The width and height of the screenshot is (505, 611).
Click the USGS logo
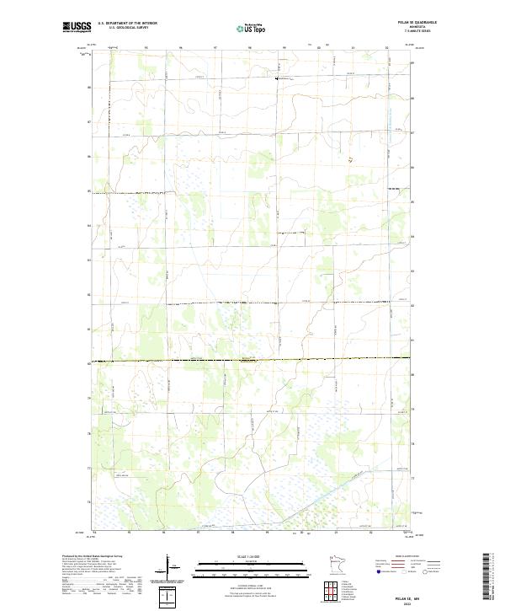[x=77, y=27]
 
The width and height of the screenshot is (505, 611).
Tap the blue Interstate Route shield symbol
[x=380, y=571]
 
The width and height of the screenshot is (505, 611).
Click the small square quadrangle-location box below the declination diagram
[x=168, y=597]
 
